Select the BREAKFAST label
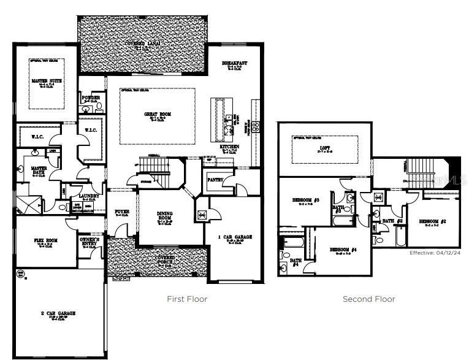(235, 63)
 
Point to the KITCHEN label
(230, 147)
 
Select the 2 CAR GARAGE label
(58, 313)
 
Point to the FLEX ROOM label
(45, 240)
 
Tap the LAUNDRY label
(90, 196)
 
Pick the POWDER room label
(91, 98)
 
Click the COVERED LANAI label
(141, 44)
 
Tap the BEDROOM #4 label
(343, 250)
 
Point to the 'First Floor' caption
(188, 299)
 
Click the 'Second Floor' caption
(368, 299)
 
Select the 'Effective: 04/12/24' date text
(434, 253)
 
